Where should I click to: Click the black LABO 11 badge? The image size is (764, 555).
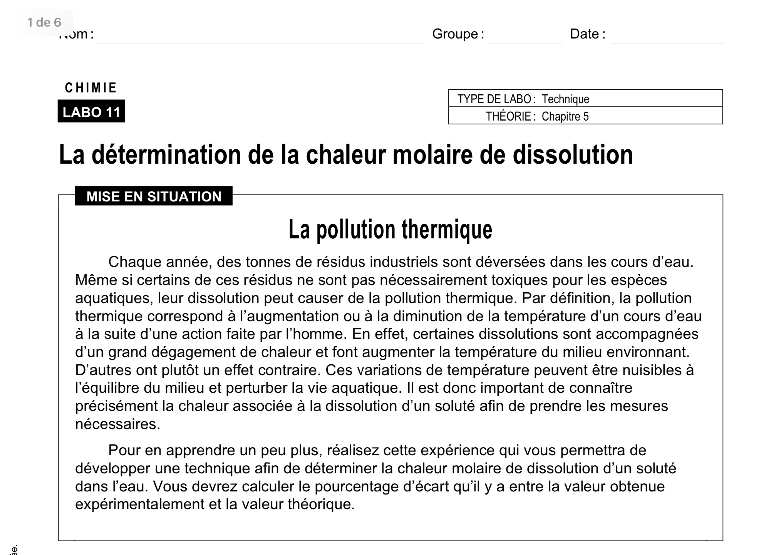tap(91, 112)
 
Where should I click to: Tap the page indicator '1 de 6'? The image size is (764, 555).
tap(44, 22)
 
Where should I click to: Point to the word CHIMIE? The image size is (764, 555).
tap(91, 88)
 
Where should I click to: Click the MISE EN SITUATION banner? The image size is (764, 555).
tap(154, 196)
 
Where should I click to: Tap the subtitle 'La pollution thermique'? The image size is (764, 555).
tap(390, 230)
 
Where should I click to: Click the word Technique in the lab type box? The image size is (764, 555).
tap(565, 99)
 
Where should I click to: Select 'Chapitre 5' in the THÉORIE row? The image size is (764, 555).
tap(565, 116)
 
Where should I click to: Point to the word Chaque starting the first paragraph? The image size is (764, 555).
tap(135, 262)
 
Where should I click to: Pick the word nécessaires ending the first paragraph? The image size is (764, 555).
tap(117, 424)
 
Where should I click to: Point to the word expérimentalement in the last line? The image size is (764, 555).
tap(140, 504)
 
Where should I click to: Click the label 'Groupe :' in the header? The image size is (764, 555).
tap(458, 34)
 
